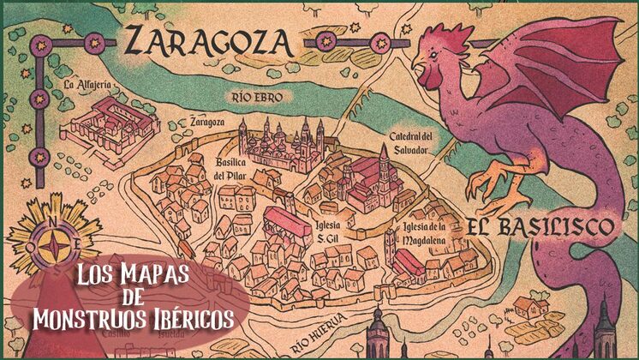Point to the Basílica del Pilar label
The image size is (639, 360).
click(x=229, y=170)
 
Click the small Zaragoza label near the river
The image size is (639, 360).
click(x=207, y=121)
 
